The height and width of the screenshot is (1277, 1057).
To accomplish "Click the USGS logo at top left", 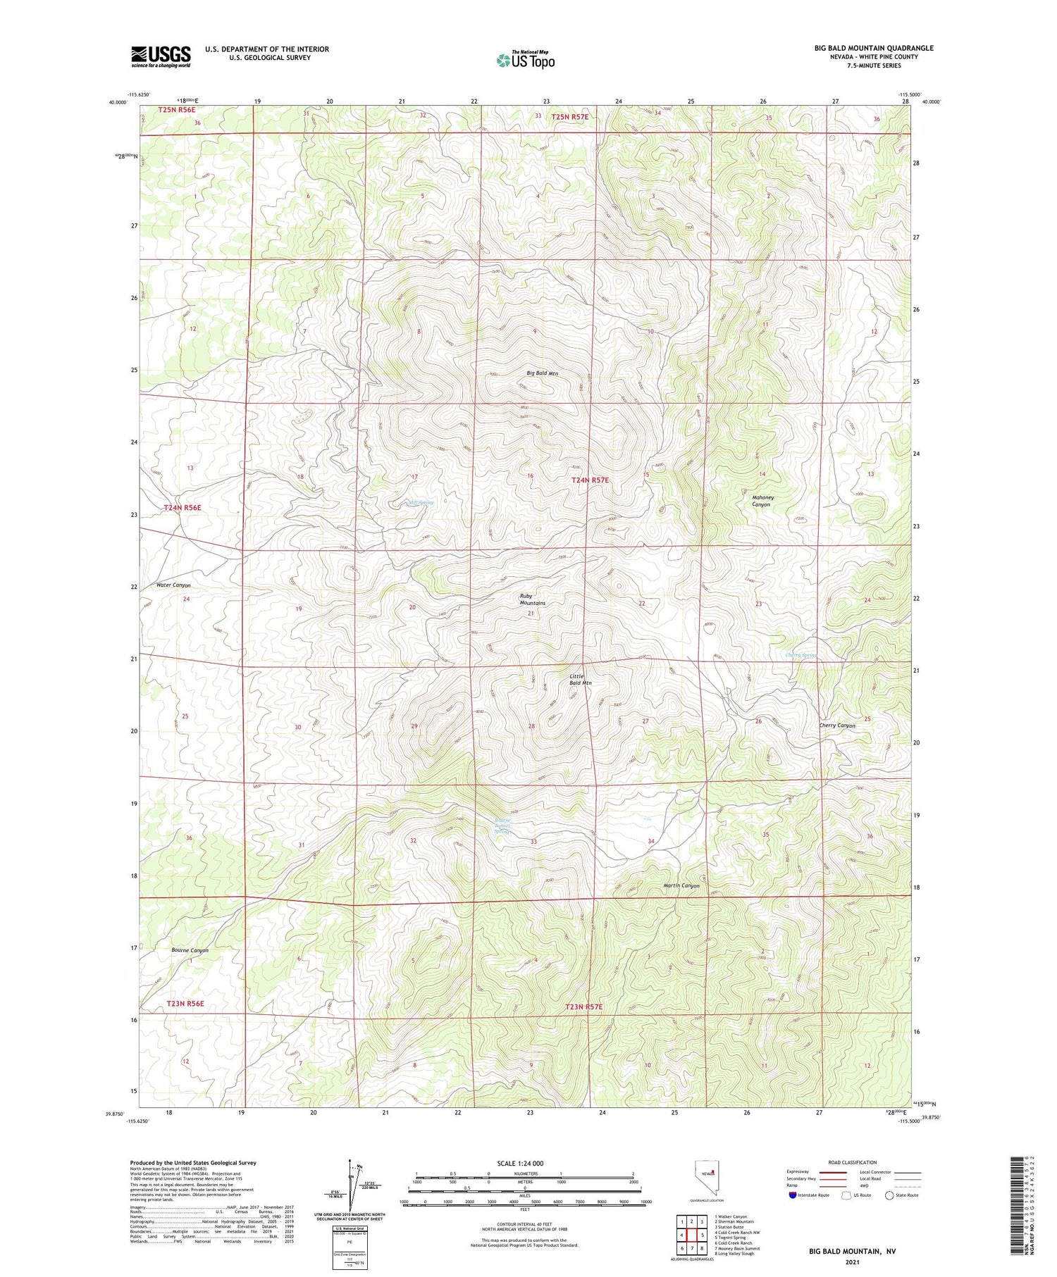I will [x=161, y=56].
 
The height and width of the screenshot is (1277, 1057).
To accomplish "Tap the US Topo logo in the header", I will [x=525, y=61].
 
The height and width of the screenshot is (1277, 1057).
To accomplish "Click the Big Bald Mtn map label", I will [x=542, y=373].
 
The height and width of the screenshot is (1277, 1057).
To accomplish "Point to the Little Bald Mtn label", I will [x=581, y=679].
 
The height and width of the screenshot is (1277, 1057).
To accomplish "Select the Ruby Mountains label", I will [x=532, y=599].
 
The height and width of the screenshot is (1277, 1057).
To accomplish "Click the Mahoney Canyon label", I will [x=762, y=501].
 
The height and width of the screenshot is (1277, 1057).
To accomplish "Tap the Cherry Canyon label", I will [x=836, y=725].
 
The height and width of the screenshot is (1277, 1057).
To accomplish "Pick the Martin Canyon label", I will [x=681, y=885].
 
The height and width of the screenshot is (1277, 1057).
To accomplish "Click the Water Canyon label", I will [x=173, y=585].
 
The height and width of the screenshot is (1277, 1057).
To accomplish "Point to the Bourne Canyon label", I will [x=190, y=950].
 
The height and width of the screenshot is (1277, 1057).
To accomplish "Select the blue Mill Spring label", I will [x=421, y=503].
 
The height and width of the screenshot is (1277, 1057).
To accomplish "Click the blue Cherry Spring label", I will [x=801, y=655].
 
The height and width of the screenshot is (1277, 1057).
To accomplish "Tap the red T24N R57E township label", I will [x=590, y=480].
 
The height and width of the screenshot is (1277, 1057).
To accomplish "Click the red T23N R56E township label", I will [x=185, y=1004].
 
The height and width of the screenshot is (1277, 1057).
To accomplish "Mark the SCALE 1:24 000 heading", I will [x=520, y=1163].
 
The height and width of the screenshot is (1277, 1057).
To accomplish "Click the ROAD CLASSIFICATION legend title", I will [x=853, y=1162].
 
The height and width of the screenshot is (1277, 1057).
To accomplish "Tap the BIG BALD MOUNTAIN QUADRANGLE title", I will [x=874, y=48].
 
